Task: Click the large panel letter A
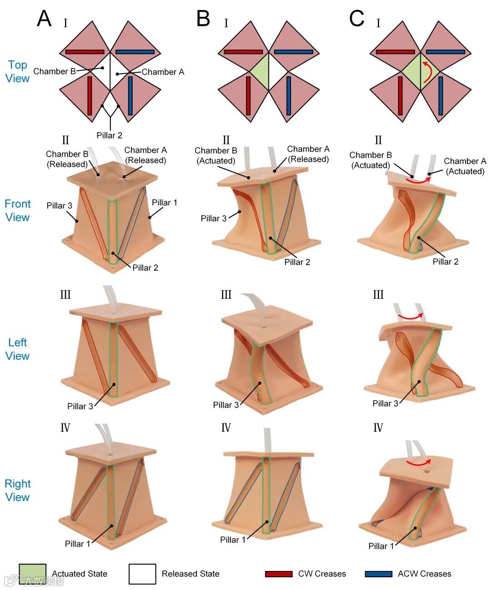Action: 44,19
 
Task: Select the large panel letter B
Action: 203,19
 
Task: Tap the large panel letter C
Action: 357,19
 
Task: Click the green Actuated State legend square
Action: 32,574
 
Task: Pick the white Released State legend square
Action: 142,574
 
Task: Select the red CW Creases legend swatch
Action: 279,574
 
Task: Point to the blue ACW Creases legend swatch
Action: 378,574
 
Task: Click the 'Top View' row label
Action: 18,71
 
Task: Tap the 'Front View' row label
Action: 18,210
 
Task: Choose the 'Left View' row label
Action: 18,349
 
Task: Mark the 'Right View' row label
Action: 18,490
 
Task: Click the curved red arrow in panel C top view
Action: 426,73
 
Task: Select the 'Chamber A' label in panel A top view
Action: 163,72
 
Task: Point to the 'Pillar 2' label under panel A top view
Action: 109,135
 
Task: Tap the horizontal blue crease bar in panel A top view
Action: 135,52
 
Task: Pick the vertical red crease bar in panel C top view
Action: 401,96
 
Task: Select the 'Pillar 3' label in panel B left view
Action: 226,405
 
